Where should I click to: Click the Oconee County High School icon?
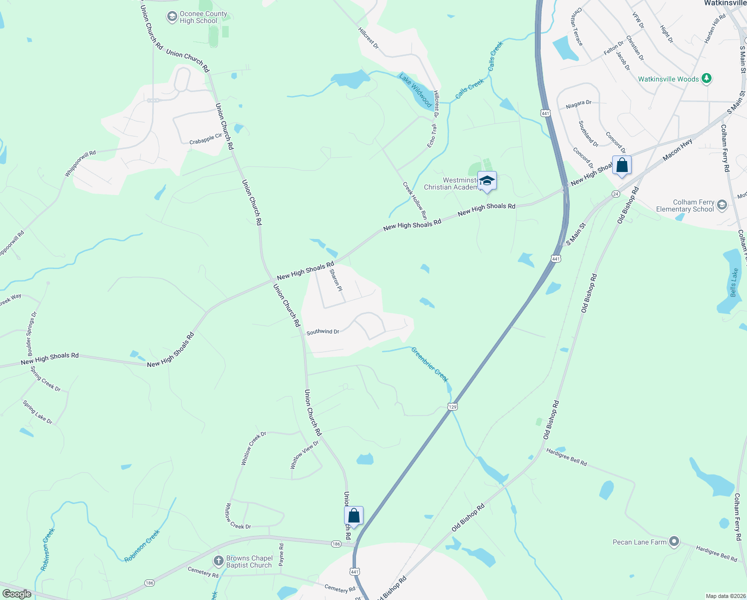click(x=172, y=17)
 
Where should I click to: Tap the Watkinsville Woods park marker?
click(x=706, y=78)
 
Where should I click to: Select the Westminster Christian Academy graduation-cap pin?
click(x=486, y=181)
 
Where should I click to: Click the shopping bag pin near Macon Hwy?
click(x=622, y=165)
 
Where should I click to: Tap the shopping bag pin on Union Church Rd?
click(x=354, y=515)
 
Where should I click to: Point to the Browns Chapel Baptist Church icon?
click(x=218, y=561)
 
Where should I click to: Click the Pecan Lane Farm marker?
click(x=674, y=541)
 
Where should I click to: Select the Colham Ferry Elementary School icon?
click(x=722, y=205)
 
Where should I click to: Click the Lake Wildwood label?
click(x=415, y=90)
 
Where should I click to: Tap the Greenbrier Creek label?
click(x=429, y=365)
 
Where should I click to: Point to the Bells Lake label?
click(x=734, y=282)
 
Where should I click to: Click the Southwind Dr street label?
click(x=323, y=332)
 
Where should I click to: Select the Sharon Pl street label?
click(x=336, y=280)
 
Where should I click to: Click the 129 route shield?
click(x=452, y=406)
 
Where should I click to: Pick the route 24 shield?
click(x=615, y=194)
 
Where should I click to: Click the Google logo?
click(x=17, y=594)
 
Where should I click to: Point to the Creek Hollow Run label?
click(x=415, y=200)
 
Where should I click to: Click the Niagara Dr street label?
click(x=579, y=104)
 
